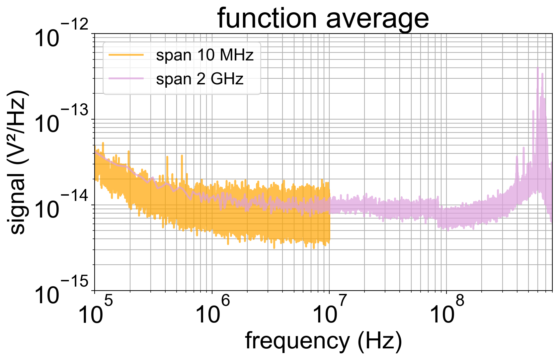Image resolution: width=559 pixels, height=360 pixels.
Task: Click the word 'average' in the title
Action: click(377, 19)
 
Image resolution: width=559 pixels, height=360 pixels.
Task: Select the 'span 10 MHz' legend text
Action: click(204, 55)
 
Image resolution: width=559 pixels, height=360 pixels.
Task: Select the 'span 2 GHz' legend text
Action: click(200, 79)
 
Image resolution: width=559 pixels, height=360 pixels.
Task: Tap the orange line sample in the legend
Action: click(126, 55)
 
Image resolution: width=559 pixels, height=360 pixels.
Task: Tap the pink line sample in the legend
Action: click(126, 79)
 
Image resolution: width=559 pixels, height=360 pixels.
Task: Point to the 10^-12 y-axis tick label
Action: click(61, 35)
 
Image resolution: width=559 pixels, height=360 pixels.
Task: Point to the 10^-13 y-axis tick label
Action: click(61, 120)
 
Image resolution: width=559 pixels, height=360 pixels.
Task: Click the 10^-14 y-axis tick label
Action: click(61, 206)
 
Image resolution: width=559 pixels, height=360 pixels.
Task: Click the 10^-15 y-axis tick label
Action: click(61, 291)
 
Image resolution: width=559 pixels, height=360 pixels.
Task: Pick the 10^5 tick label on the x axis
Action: click(95, 311)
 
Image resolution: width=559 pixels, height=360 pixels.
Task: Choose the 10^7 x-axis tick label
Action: click(330, 311)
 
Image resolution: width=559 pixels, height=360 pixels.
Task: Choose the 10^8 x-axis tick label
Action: click(447, 311)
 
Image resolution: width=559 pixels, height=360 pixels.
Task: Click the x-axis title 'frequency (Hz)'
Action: click(323, 341)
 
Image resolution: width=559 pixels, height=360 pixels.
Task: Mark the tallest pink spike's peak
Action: click(538, 68)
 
